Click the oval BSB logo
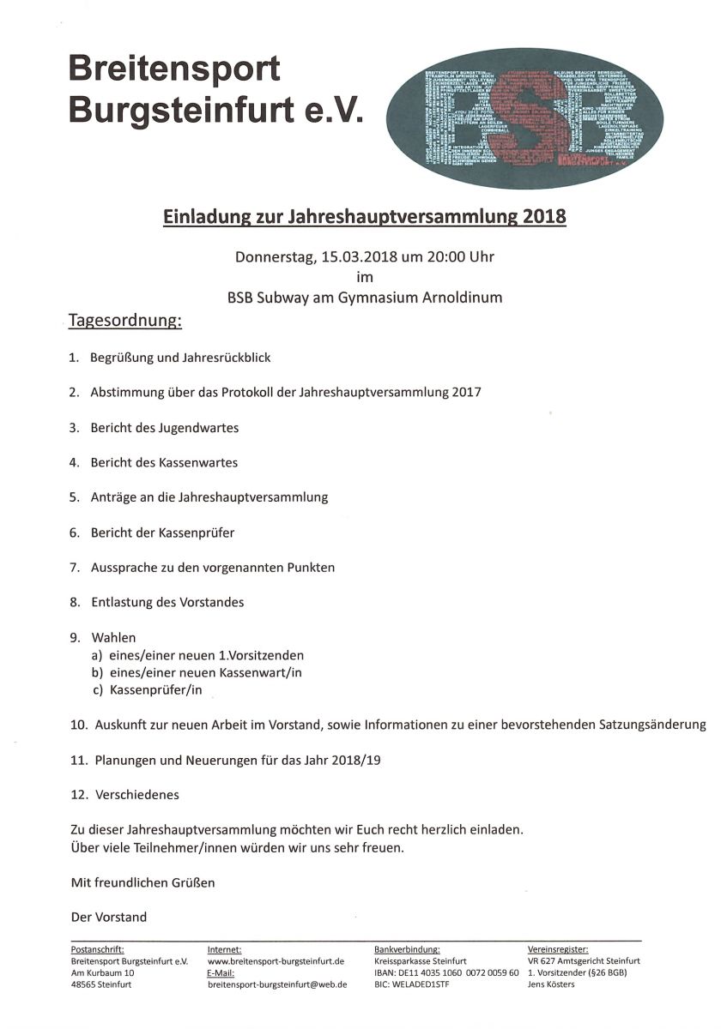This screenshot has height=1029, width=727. coord(524,117)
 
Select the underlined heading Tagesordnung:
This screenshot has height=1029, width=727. coord(125,322)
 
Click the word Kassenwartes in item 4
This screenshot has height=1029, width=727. coord(198,462)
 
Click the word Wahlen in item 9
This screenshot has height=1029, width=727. coord(113,638)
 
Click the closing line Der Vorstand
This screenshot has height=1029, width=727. coord(109,917)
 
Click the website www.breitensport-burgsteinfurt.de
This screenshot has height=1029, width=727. coord(276,961)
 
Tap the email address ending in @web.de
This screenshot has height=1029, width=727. coord(277,984)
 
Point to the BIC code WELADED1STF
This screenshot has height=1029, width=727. coord(421,984)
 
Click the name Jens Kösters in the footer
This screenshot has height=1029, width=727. coord(551,984)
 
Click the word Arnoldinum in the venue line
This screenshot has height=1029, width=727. coord(461,298)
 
